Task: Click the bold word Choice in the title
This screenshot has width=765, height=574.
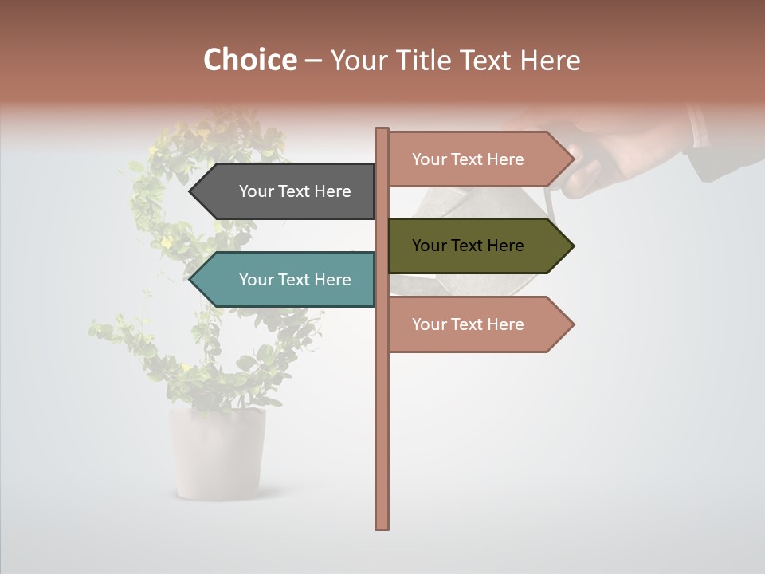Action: coord(249,61)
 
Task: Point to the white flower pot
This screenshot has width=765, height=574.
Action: coord(217,454)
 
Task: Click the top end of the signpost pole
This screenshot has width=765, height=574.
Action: coord(382,132)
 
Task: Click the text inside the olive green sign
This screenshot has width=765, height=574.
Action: coord(468,246)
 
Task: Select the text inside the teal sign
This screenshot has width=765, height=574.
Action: coord(295,280)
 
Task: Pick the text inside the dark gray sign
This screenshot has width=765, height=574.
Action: coord(295,191)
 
